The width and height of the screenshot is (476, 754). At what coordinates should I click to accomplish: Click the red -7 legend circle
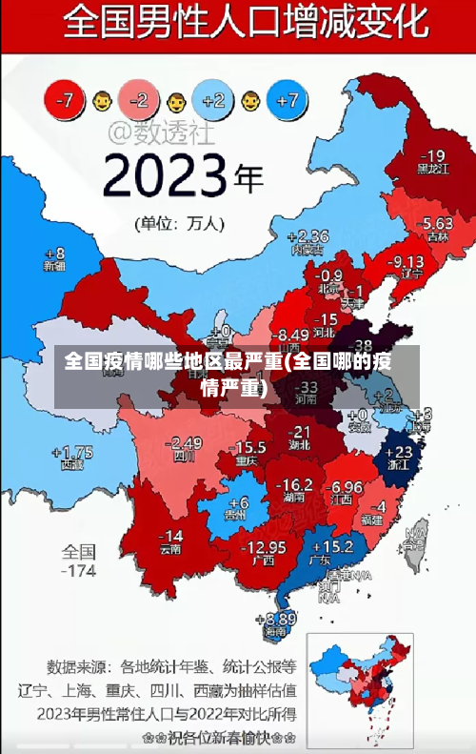(x=66, y=98)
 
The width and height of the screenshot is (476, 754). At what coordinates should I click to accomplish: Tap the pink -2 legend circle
(x=139, y=98)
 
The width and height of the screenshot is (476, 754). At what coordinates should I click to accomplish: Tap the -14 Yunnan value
(x=170, y=536)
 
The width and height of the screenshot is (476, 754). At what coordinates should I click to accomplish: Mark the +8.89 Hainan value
(x=275, y=619)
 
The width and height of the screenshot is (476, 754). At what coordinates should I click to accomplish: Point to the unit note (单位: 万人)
(x=180, y=224)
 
